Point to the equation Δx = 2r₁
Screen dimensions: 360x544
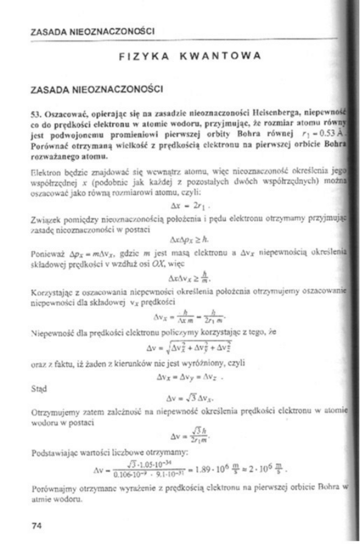tap(186, 203)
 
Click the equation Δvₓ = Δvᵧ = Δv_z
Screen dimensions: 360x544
tap(186, 376)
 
